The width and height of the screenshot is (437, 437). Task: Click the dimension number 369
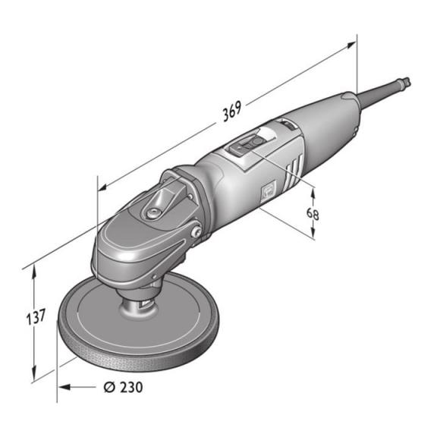[x=232, y=112]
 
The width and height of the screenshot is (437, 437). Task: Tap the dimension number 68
[x=313, y=214]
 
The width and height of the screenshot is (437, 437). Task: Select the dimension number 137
[x=36, y=317]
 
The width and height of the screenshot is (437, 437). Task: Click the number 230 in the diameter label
[x=131, y=388]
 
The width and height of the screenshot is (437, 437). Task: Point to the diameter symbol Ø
[x=109, y=388]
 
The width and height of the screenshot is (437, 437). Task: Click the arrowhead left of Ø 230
[x=64, y=387]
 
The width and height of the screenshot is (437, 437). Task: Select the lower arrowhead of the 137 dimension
[x=34, y=373]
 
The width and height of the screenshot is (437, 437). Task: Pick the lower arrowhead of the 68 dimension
[x=313, y=232]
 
